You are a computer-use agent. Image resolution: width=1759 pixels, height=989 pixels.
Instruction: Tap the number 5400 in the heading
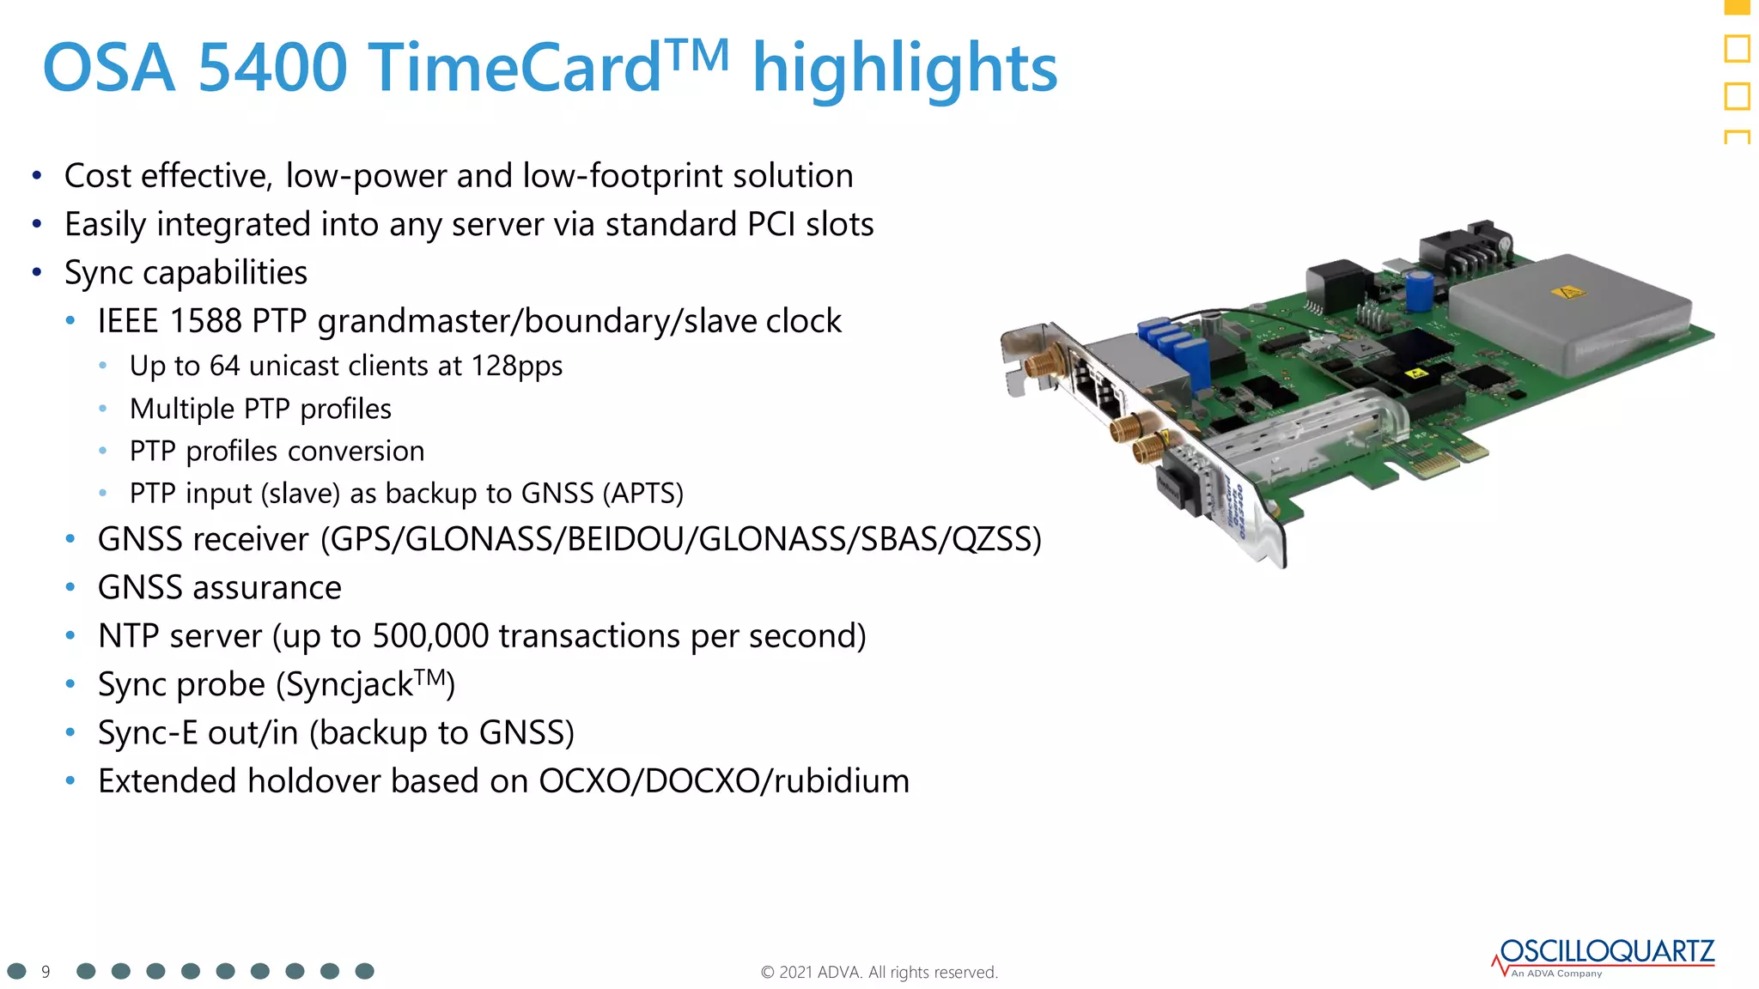pos(272,69)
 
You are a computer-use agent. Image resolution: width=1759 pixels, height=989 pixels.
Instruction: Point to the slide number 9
pos(46,972)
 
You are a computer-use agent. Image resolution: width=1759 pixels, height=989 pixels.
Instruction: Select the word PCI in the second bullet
pos(770,225)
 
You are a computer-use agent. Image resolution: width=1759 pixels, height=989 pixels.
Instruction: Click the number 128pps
pos(516,367)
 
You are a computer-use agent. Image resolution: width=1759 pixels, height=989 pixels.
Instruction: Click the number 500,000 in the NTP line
pos(430,636)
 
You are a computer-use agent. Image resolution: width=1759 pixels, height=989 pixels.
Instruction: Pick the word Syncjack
pos(349,685)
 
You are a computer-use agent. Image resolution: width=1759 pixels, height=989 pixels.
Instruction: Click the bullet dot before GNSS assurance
pos(70,588)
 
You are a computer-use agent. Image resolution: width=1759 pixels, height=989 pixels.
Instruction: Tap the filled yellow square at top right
pos(1737,7)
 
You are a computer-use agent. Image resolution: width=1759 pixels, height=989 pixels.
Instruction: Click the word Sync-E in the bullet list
pos(148,733)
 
